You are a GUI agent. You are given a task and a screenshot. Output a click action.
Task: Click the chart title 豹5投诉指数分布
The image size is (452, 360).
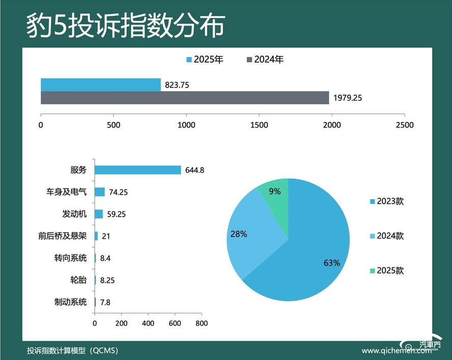(125, 25)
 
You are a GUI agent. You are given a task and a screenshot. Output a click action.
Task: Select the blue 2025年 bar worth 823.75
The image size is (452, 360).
(101, 85)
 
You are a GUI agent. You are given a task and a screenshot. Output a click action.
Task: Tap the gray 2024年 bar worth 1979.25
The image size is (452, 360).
(185, 98)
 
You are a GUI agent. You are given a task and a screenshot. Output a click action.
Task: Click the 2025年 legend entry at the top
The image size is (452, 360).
(205, 59)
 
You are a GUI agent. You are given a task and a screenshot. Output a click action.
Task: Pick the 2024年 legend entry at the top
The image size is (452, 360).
(265, 59)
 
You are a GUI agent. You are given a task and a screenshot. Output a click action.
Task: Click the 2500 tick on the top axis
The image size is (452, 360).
(405, 125)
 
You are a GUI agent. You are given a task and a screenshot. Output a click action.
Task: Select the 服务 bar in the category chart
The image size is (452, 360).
(137, 170)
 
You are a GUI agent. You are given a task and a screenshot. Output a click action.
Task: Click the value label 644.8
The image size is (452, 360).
(194, 170)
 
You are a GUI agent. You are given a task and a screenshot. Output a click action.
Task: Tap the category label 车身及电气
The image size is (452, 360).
(66, 192)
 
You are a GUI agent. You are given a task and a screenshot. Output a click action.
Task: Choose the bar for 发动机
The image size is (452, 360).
(99, 214)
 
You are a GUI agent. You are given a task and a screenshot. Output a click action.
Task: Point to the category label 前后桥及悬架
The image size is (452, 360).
(63, 236)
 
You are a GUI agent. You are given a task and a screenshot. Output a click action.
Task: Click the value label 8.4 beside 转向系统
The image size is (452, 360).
(105, 258)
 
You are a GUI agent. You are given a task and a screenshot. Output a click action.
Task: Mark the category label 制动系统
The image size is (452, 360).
(70, 302)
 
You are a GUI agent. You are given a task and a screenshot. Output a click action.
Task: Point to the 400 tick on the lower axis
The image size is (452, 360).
(148, 323)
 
